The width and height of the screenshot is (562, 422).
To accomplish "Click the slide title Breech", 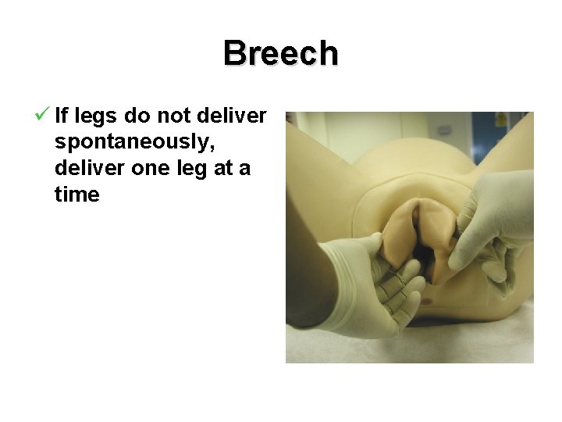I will pos(281,54).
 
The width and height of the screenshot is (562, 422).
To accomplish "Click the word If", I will pos(62,116).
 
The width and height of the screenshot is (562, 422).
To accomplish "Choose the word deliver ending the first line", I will pos(233,116).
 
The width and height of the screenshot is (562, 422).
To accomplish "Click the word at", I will pos(230,169).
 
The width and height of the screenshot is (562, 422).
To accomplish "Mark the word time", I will pos(77,195).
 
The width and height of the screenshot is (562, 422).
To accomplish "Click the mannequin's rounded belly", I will pos(414,156).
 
